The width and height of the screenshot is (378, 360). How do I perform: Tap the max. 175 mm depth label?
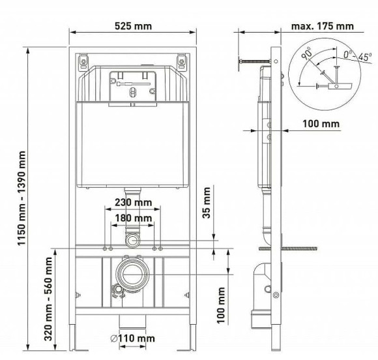[x=323, y=26]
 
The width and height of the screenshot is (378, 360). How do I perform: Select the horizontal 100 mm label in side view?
[x=321, y=123]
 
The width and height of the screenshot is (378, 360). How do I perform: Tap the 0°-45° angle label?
[x=340, y=56]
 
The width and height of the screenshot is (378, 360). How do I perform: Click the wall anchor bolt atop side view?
[x=254, y=61]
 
